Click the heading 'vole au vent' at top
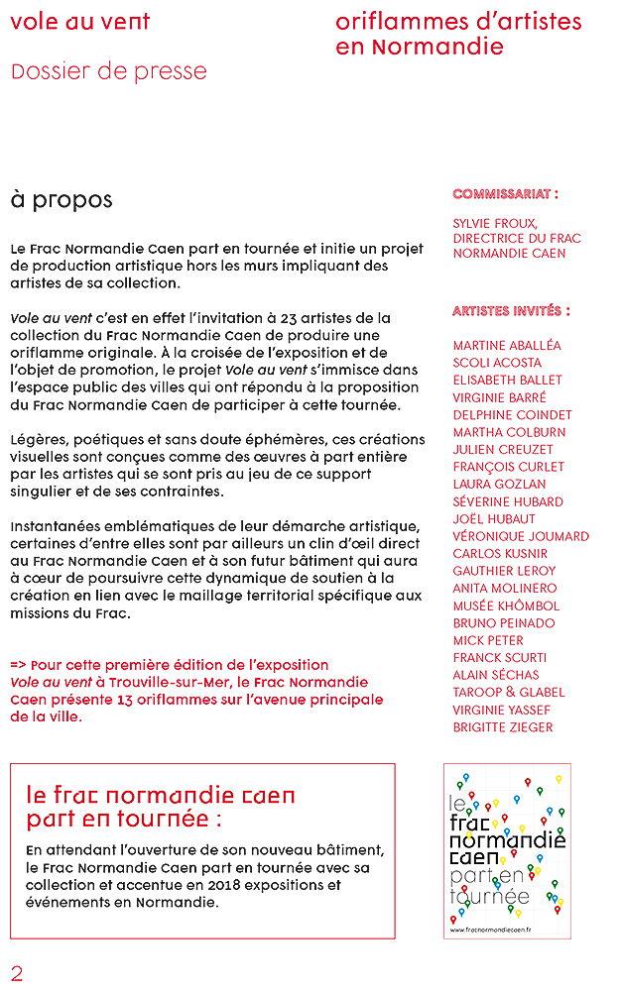[x=79, y=22]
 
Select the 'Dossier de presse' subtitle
[x=109, y=71]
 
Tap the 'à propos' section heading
[x=62, y=200]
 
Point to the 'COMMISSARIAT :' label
[x=505, y=194]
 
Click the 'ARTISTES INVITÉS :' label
[x=511, y=311]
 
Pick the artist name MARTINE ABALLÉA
[x=507, y=345]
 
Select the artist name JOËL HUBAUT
[x=493, y=518]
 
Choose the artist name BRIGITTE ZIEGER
[x=503, y=727]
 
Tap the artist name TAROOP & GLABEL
[x=509, y=692]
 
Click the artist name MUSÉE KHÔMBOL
[x=506, y=606]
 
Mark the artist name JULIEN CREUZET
[x=501, y=449]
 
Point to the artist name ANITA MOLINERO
[x=505, y=588]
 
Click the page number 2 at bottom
[x=17, y=972]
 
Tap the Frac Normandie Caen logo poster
[x=507, y=849]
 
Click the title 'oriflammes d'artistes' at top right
[x=459, y=22]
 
